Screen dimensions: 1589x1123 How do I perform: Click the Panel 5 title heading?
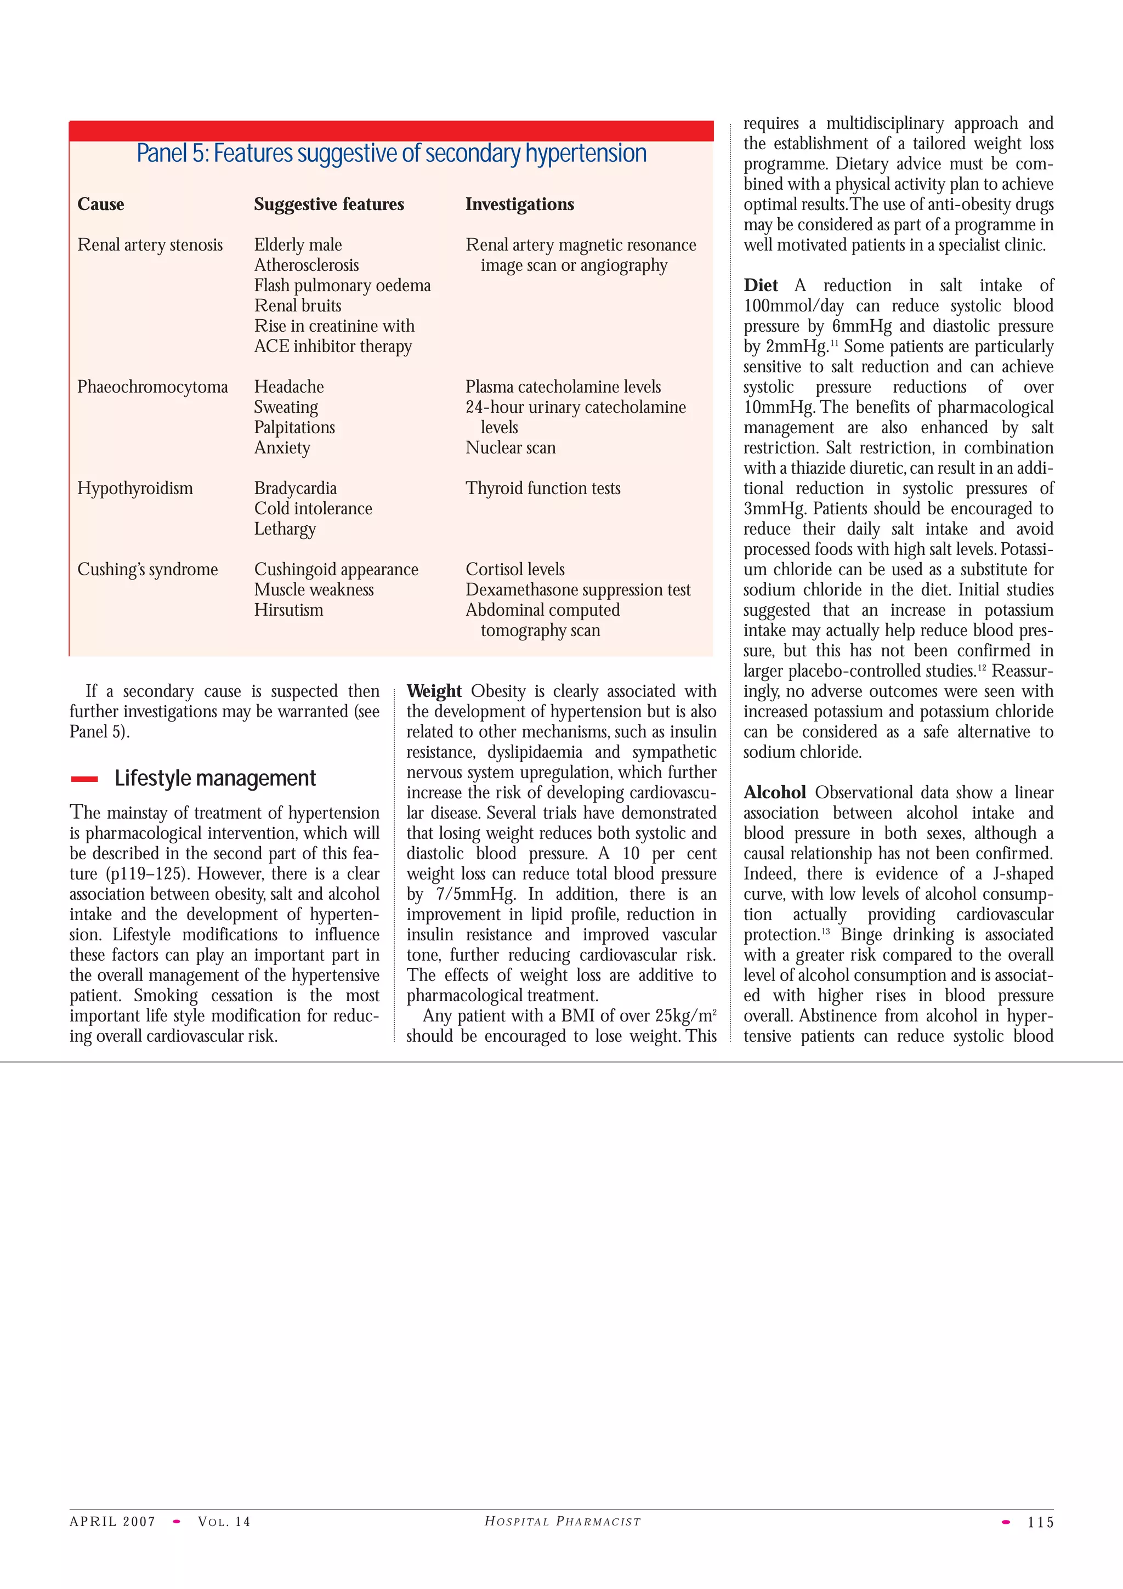click(391, 154)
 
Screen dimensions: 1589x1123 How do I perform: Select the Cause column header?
click(101, 204)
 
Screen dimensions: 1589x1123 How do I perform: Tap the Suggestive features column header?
click(328, 204)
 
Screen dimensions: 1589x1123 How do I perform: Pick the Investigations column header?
click(520, 204)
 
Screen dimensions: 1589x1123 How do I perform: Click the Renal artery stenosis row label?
click(150, 245)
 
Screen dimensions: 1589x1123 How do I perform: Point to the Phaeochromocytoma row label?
click(152, 387)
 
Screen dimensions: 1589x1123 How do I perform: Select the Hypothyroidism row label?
click(135, 489)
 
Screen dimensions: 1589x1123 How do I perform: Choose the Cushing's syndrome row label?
click(148, 570)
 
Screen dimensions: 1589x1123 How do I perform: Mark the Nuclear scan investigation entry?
click(511, 448)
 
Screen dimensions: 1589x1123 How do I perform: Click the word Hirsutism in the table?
click(288, 610)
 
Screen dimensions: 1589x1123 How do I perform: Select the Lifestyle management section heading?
click(215, 779)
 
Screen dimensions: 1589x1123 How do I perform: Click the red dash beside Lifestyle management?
click(84, 779)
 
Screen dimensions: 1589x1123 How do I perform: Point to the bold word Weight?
click(434, 691)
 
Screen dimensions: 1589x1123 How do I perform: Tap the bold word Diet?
click(761, 286)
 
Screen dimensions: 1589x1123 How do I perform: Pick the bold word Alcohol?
click(775, 793)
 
